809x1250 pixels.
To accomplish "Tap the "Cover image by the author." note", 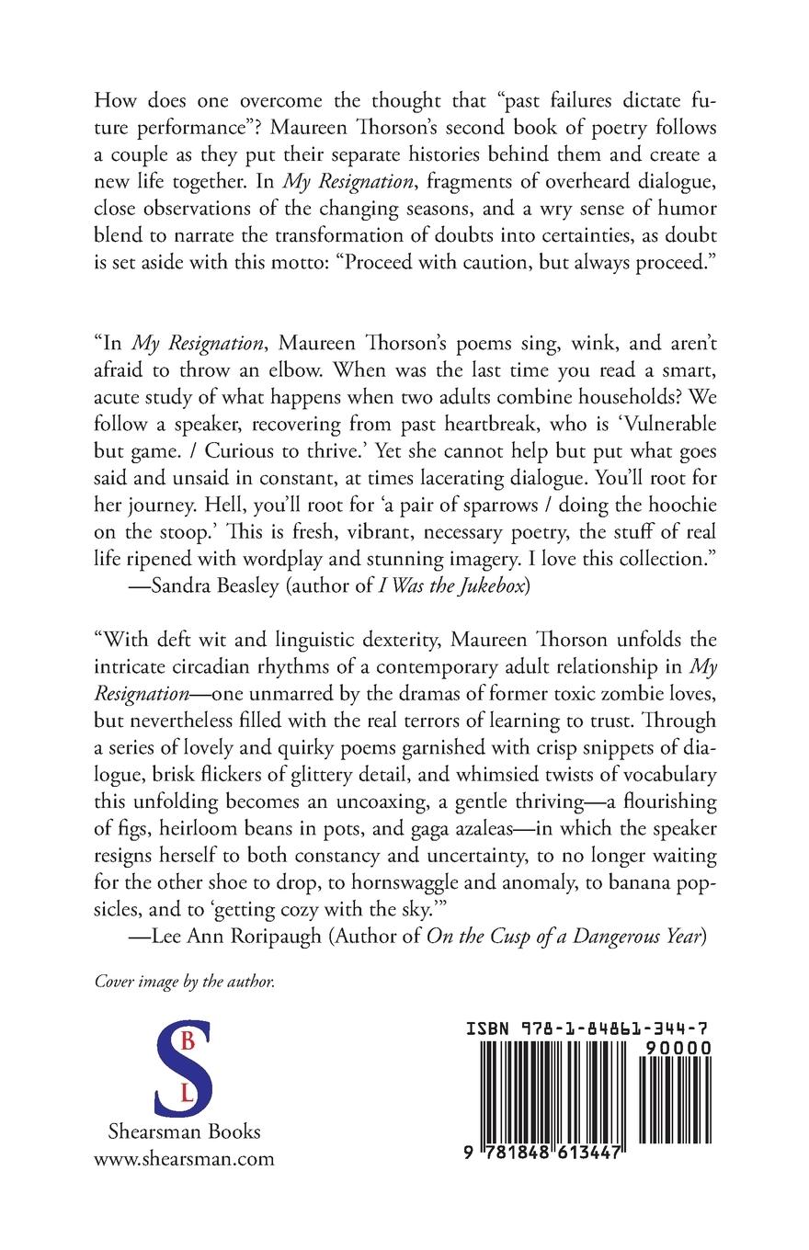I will tap(185, 982).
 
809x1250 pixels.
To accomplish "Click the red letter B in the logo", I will tap(187, 1041).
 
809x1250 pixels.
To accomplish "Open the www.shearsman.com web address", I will tap(184, 1158).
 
